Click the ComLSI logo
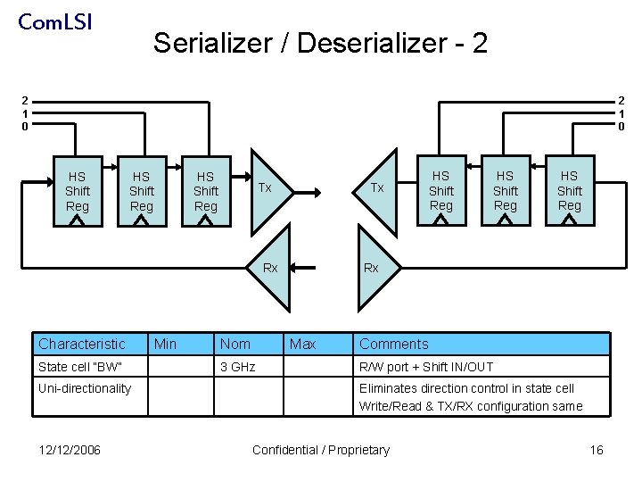pyautogui.click(x=54, y=21)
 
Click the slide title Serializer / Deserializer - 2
pyautogui.click(x=320, y=43)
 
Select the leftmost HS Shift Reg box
pyautogui.click(x=78, y=192)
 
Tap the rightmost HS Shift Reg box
pyautogui.click(x=570, y=192)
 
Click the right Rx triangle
pyautogui.click(x=369, y=269)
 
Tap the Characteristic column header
pyautogui.click(x=82, y=344)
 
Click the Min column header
pyautogui.click(x=166, y=344)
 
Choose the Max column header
pyautogui.click(x=302, y=344)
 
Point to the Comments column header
pyautogui.click(x=393, y=344)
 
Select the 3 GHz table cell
pyautogui.click(x=237, y=367)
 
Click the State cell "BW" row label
pyautogui.click(x=79, y=367)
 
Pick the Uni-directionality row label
pyautogui.click(x=85, y=388)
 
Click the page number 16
pyautogui.click(x=597, y=450)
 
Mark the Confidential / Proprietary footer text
pyautogui.click(x=321, y=450)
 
